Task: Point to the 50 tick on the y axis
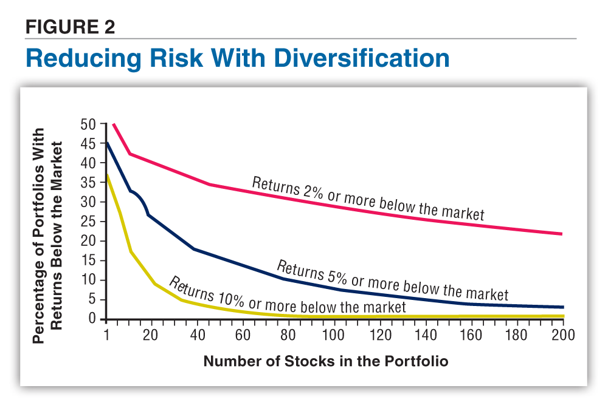click(89, 124)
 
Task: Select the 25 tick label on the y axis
click(89, 222)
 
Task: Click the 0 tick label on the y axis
click(93, 319)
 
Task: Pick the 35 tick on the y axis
click(89, 182)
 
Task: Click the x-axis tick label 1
click(107, 335)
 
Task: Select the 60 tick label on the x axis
click(243, 335)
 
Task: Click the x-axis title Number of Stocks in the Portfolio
click(325, 361)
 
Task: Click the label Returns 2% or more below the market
click(368, 199)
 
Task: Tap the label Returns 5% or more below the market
click(392, 280)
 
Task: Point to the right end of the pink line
click(562, 234)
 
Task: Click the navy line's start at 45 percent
click(107, 143)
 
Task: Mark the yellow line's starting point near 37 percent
click(107, 175)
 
